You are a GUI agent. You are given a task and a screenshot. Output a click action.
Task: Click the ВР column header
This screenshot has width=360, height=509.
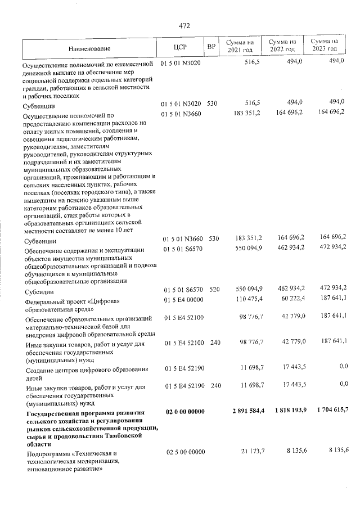click(211, 47)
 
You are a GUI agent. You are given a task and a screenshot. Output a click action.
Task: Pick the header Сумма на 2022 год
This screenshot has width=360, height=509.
click(283, 47)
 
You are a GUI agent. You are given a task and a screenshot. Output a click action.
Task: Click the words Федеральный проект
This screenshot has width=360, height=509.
click(51, 301)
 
